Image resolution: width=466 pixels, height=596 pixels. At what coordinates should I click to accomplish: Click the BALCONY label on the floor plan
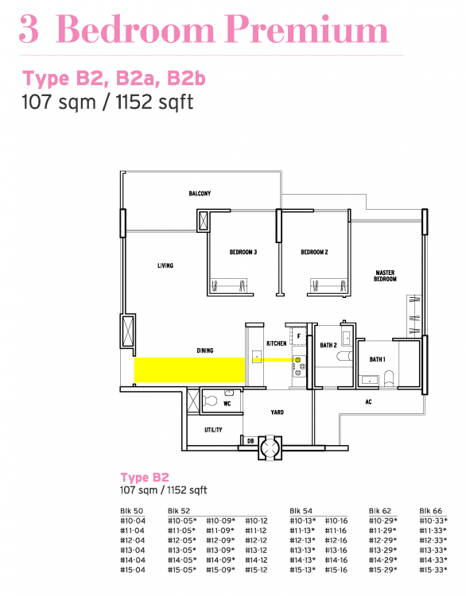point(200,194)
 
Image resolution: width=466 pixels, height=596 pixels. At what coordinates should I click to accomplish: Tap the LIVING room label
point(165,266)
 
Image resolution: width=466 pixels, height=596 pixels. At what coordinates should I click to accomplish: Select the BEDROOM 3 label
point(243,253)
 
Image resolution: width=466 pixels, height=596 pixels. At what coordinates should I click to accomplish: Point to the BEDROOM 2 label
point(314,253)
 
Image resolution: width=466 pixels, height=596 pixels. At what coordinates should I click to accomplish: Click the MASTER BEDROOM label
point(385,276)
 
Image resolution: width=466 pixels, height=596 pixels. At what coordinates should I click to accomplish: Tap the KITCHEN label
point(276,343)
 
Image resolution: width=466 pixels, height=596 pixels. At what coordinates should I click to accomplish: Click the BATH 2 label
point(329,345)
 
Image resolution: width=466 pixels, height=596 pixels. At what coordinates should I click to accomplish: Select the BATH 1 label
point(377,358)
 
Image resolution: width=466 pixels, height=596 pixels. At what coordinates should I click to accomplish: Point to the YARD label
point(277,412)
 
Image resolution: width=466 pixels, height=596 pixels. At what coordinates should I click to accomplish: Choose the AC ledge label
point(368,402)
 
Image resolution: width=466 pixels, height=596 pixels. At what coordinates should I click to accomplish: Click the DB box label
point(250,441)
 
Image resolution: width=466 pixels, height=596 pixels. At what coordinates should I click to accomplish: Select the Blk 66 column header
point(430,509)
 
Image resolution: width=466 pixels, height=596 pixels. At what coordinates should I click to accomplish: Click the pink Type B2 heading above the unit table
point(145,478)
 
